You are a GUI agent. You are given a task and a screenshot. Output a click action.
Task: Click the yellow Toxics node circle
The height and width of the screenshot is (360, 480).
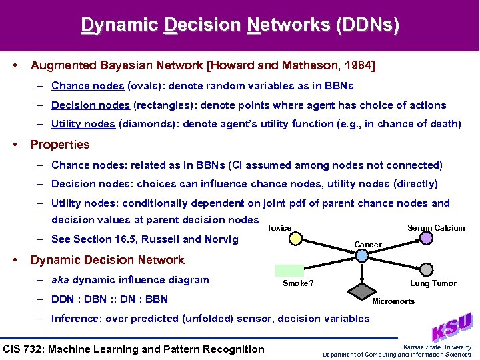pos(295,238)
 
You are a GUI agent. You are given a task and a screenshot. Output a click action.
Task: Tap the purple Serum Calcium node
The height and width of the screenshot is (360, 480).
pos(427,238)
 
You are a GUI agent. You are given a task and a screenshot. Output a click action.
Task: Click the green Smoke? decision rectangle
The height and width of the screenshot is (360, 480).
pos(289,270)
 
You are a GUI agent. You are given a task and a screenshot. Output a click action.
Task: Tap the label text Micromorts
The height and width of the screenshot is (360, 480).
pos(393,301)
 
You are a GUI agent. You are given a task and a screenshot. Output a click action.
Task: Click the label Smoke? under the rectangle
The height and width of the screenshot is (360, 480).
pos(298,283)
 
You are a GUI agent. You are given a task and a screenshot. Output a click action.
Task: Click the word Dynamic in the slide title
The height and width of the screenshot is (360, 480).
pos(119,25)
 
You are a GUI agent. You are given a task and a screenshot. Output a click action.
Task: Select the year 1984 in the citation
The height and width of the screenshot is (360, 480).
pos(360,65)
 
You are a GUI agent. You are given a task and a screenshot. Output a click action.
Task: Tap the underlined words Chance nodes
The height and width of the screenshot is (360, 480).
pos(87,86)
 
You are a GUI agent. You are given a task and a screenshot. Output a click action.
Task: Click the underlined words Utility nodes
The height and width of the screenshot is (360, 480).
pos(83,123)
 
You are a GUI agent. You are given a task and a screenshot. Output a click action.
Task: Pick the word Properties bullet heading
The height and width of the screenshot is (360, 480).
pos(60,145)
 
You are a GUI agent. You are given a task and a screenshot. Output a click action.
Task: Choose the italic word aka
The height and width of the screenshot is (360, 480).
pos(61,280)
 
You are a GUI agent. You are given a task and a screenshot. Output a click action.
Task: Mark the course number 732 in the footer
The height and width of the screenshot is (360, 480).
pos(39,349)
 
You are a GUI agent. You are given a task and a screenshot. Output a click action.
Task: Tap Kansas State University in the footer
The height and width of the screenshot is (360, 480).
pos(437,347)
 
